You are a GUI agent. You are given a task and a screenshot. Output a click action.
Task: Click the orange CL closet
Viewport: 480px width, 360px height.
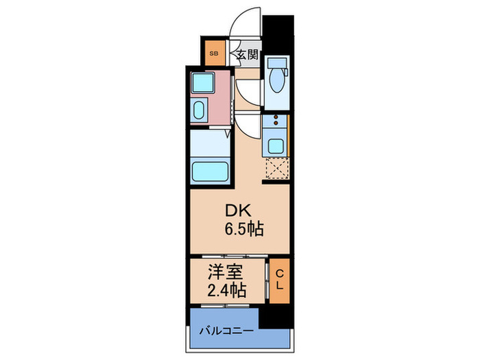pos(280,280)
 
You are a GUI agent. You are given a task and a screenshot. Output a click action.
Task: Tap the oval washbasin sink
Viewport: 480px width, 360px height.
pos(200,112)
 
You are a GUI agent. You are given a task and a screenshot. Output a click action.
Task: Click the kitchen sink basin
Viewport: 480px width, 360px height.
pos(276,146)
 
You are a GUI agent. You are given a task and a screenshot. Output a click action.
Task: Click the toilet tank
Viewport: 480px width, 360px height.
pos(276,62)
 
